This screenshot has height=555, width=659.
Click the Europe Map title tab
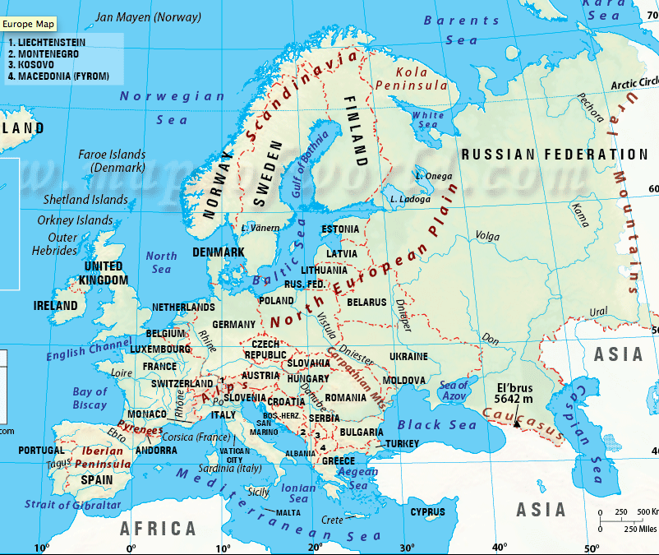(x=30, y=24)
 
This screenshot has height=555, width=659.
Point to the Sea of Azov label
(x=453, y=391)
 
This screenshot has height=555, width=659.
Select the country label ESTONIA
(x=340, y=229)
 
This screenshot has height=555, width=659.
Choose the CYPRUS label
(x=427, y=512)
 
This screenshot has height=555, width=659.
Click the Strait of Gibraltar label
(x=72, y=505)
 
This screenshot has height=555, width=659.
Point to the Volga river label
(x=487, y=237)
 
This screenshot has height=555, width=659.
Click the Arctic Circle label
(x=634, y=82)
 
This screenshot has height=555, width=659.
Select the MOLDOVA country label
(x=404, y=381)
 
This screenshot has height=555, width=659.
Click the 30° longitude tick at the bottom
(x=403, y=548)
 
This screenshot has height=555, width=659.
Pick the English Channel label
(x=89, y=349)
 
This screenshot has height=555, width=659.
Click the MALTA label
(x=288, y=512)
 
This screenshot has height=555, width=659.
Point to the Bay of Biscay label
(x=90, y=398)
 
